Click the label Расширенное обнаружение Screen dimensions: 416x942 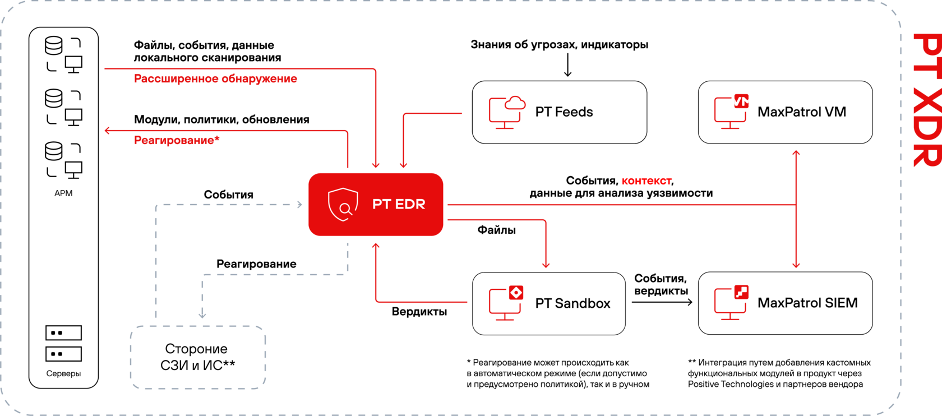[215, 79]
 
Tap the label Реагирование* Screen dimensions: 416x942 [177, 140]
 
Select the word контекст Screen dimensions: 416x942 [647, 182]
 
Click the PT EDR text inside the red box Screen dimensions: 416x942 [399, 204]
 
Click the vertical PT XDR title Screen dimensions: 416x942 [926, 100]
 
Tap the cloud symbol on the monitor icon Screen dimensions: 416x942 [515, 103]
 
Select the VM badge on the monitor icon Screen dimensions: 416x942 [741, 101]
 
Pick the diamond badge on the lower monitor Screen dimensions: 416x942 [516, 293]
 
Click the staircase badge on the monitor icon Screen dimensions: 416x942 [741, 292]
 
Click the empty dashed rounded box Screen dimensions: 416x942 [198, 357]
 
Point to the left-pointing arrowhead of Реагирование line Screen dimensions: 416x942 [107, 131]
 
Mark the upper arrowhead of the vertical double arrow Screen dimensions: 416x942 [796, 152]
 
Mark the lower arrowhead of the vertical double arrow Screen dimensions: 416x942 [796, 266]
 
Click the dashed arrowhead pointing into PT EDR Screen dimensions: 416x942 [299, 205]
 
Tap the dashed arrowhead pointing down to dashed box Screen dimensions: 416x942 [202, 316]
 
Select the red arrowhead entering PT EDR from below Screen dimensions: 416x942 [376, 245]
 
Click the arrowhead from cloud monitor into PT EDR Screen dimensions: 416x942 [403, 165]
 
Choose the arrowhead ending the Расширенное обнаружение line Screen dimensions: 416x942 [376, 165]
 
